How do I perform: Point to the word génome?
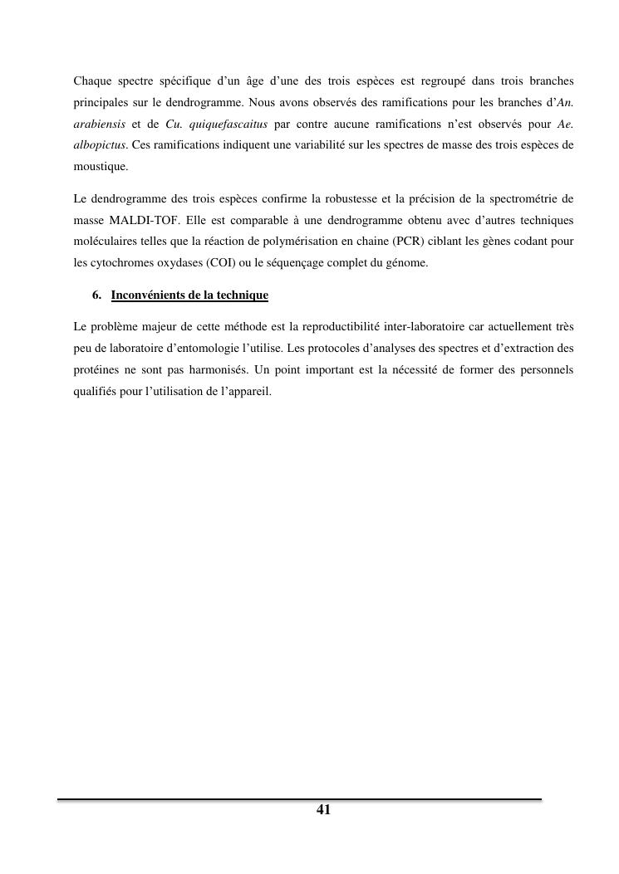pos(405,262)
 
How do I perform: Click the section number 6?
pos(96,295)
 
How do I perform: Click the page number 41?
pos(324,810)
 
